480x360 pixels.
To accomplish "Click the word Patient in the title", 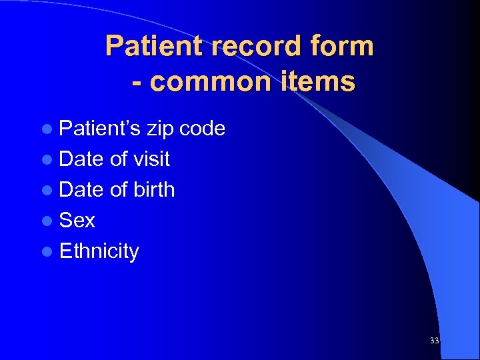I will [x=147, y=46].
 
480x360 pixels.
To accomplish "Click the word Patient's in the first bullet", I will [x=99, y=128].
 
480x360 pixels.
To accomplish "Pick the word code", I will [x=203, y=128].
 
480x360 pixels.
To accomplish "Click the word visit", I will [x=151, y=159].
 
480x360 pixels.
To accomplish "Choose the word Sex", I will [x=77, y=220].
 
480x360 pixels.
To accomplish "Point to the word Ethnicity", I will [x=99, y=251].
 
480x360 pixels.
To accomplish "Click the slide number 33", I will [x=435, y=341].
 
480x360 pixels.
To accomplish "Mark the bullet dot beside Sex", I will [x=49, y=221].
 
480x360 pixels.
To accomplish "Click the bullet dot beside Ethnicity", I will [x=49, y=251].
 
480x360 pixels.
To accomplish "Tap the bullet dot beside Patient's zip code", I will [x=49, y=129].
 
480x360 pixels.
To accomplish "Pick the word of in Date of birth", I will [x=119, y=189].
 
